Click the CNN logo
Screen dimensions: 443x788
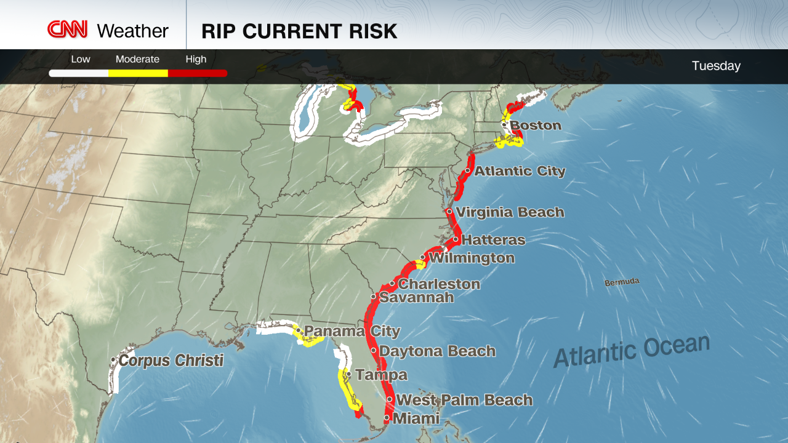[68, 30]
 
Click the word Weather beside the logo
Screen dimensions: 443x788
[132, 31]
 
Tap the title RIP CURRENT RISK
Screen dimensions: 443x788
[299, 31]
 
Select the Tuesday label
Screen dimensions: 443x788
[716, 66]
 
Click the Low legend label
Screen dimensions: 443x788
[80, 60]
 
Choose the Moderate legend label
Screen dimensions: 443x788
[137, 60]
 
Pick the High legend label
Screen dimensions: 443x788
[196, 60]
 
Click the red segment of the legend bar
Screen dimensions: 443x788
[197, 73]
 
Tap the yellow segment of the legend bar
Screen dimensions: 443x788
[138, 73]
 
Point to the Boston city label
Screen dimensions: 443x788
[536, 126]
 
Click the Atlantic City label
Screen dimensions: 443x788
[520, 171]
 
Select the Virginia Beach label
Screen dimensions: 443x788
[510, 212]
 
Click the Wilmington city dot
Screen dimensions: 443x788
[422, 258]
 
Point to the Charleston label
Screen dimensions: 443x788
[439, 284]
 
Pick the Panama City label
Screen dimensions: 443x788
[352, 332]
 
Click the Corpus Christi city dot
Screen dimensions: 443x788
[113, 360]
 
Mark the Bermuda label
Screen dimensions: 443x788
[622, 282]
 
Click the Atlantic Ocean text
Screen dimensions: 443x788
[631, 351]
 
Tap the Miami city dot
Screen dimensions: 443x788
[386, 418]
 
